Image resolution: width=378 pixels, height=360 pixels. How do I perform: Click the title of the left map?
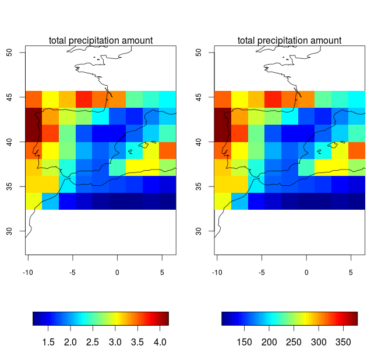[101, 40]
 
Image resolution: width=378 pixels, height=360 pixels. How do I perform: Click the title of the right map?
[289, 40]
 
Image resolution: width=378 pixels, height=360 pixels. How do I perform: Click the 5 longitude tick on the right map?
[351, 271]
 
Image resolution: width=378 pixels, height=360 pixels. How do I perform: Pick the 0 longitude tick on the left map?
[117, 271]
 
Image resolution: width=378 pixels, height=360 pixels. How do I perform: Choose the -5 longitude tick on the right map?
[261, 271]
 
